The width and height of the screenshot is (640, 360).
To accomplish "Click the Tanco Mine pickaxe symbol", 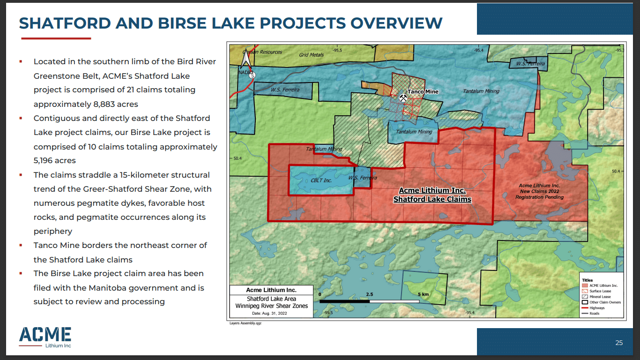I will click(403, 98).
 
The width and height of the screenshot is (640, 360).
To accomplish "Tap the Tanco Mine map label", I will click(423, 92).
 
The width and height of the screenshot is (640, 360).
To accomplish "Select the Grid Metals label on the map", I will click(312, 55).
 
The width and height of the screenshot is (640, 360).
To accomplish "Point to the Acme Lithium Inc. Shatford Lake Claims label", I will click(432, 195).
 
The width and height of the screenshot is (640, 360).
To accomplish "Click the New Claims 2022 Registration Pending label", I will click(539, 191).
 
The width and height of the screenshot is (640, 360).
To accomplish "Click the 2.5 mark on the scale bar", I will click(369, 294).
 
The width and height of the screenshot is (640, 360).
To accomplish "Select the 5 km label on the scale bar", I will click(423, 294).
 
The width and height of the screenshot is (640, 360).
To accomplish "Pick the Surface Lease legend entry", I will click(600, 291).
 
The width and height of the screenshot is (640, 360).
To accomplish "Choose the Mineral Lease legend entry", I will click(600, 297).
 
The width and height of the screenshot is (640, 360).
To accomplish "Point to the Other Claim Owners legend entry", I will click(604, 302).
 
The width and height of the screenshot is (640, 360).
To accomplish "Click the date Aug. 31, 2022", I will click(269, 313).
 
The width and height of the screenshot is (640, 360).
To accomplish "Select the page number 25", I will click(619, 343).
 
